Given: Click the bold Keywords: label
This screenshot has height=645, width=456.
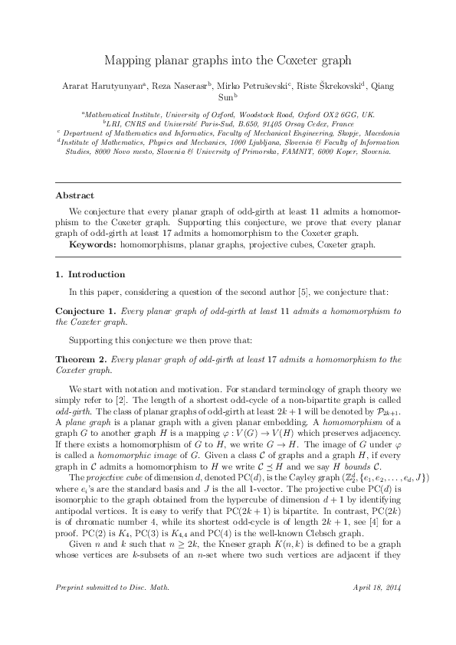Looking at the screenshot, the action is point(94,244).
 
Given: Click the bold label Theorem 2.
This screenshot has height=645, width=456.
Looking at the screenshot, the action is point(82,359).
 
